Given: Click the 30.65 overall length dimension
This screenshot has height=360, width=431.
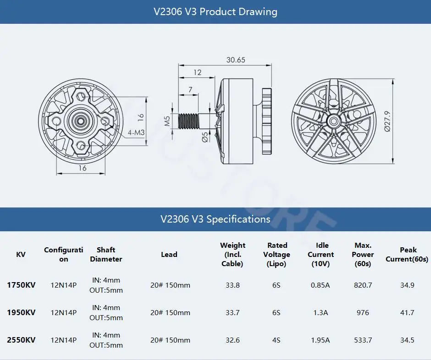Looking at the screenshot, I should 236,60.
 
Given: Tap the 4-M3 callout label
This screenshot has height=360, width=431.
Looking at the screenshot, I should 136,132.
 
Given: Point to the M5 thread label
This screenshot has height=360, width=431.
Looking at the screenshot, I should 168,121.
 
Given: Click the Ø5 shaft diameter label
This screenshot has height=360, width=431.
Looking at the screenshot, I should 205,137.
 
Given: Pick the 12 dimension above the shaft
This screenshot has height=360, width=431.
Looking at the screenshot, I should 197,72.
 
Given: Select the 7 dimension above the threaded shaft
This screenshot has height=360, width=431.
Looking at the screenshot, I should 189,90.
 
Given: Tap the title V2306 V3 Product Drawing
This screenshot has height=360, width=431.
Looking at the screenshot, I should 215,11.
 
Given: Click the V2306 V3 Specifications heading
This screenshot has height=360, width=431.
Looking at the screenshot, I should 215,219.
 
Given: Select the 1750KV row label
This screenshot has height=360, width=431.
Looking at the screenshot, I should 21,285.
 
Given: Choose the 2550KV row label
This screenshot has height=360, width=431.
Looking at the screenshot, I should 21,340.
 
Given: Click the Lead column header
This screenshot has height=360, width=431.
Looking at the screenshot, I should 169,255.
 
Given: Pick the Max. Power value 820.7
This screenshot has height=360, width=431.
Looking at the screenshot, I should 363,285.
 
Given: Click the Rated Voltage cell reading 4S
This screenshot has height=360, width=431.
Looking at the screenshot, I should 276,340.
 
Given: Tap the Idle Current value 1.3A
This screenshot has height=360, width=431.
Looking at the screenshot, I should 320,313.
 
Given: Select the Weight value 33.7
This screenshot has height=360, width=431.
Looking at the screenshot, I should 233,313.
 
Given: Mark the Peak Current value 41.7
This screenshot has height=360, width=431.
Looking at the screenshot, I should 407,313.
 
